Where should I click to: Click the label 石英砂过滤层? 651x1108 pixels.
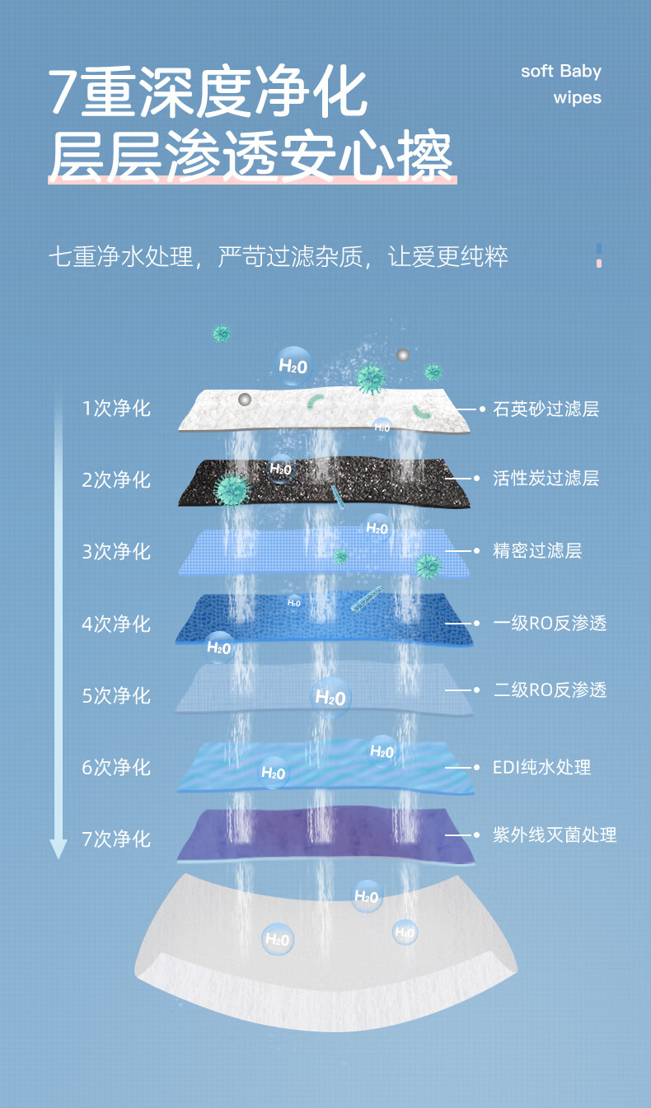coord(546,409)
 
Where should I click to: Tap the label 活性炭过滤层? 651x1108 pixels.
coord(546,479)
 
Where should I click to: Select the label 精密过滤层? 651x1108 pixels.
coord(537,550)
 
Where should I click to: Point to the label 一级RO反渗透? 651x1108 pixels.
coord(550,623)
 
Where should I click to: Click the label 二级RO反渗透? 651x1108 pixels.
coord(550,690)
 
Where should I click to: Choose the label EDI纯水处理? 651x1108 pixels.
coord(541,767)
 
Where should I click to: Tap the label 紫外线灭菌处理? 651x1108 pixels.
coord(555,835)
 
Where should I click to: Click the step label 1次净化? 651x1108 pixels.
coord(116,408)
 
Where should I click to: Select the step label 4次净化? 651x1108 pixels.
coord(116,624)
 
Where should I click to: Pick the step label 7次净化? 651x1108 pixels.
coord(116,839)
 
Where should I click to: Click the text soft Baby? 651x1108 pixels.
coord(560,71)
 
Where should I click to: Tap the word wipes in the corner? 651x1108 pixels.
coord(577,97)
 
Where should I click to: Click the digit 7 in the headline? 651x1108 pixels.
coord(64,93)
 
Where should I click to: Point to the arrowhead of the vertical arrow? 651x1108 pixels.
coord(58,849)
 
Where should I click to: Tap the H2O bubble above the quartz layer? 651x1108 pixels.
coord(293,365)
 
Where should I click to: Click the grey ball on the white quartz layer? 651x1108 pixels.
coord(245,400)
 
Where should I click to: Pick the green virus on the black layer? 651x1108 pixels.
coord(232,489)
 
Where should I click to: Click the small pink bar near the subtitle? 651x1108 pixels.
coord(599,262)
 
